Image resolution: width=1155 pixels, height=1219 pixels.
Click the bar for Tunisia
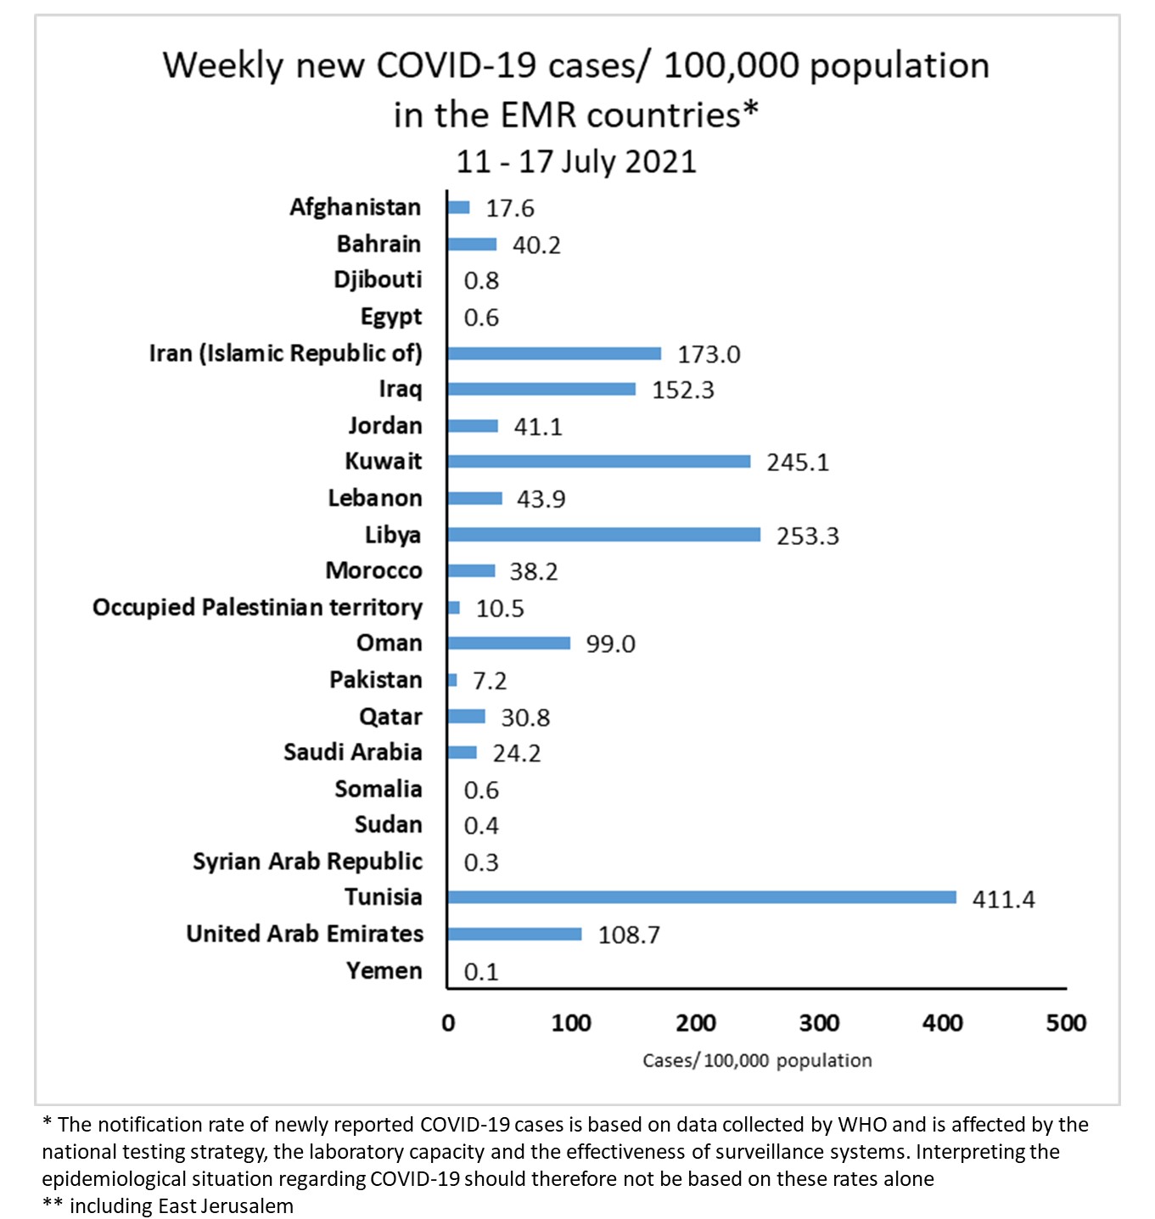coord(701,897)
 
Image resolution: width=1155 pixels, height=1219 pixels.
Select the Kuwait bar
coord(598,462)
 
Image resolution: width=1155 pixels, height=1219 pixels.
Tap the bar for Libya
coord(603,535)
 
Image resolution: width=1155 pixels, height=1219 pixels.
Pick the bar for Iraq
coord(541,389)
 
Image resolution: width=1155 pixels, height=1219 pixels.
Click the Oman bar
coord(508,643)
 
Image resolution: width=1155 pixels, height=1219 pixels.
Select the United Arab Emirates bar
coord(514,934)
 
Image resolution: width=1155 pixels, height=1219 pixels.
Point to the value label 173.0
coord(709,354)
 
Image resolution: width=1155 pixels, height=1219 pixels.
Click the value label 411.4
coord(1003,899)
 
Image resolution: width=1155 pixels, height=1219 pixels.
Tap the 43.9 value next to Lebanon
coord(541,499)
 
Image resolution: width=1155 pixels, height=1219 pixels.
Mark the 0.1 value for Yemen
coord(481,972)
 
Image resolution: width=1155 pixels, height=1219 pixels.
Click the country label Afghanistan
coord(355,207)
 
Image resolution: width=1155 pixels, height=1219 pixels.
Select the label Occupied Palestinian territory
coord(257,608)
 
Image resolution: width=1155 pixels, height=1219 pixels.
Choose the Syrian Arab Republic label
coord(307,862)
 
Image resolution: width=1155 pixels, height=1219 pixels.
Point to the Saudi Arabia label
coord(352,752)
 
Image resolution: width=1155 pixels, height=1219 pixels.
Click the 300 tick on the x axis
coord(819,1023)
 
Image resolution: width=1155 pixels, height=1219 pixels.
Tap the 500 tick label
coord(1066,1023)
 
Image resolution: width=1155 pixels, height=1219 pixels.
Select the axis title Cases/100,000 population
coord(757,1060)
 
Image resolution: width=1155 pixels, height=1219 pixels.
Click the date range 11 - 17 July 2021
coord(576,161)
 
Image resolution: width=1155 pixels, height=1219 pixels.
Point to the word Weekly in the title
coord(223,65)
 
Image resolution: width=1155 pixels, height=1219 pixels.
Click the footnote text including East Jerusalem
coord(181,1206)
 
